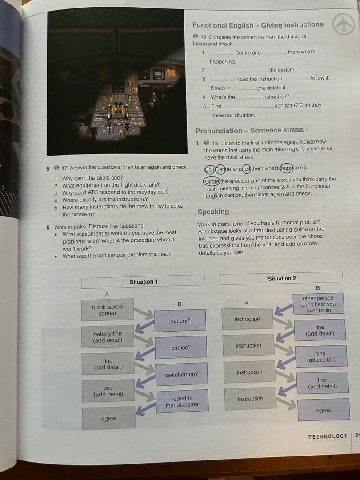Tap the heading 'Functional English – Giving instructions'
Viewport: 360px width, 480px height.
(x=258, y=25)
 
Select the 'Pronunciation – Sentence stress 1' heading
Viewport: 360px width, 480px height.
(x=252, y=130)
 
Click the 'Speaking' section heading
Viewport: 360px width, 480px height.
(x=213, y=212)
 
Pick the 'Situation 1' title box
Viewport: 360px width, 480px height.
(x=143, y=281)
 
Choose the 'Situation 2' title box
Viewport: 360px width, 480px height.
(x=281, y=278)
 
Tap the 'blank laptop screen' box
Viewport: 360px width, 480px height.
(x=107, y=310)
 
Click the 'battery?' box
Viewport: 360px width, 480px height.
(x=180, y=320)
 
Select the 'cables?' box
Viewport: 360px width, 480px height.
(x=180, y=347)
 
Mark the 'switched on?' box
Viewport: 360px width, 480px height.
(x=181, y=375)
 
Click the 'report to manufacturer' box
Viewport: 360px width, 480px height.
(x=182, y=401)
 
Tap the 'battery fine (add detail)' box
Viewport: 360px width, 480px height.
(x=108, y=337)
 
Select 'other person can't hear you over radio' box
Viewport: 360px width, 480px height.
(x=318, y=304)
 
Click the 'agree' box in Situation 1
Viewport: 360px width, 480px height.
(x=109, y=418)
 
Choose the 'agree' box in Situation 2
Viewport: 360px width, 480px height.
(x=324, y=410)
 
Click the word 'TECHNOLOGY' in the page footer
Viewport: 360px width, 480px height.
(x=328, y=436)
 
